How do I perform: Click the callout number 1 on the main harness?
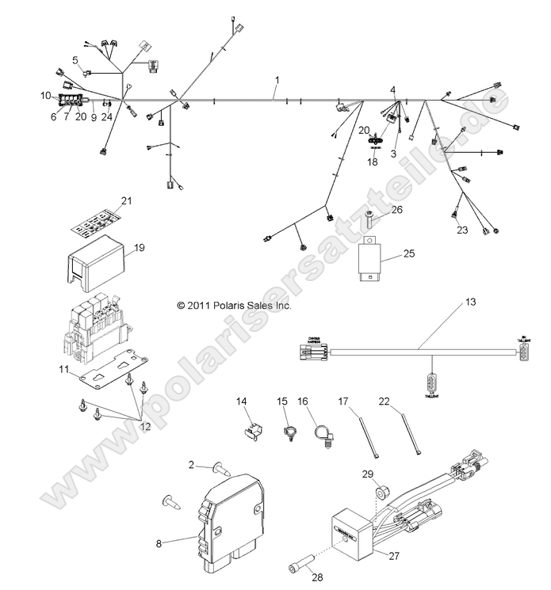tap(277, 80)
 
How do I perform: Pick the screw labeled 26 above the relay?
tap(369, 217)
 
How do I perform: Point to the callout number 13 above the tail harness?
tap(471, 302)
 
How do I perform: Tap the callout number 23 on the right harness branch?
tap(462, 230)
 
